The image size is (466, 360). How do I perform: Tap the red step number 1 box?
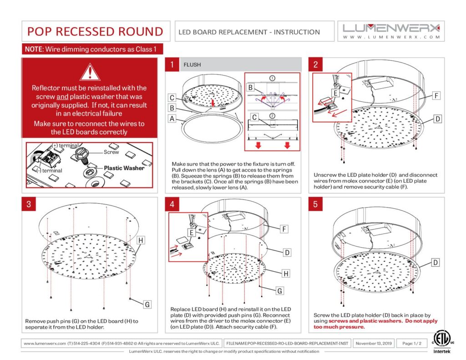click(172, 65)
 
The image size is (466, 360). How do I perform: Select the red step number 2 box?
click(315, 65)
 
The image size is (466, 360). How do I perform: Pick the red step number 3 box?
click(29, 204)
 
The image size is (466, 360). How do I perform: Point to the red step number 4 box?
click(172, 204)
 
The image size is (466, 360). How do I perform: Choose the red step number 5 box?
click(315, 204)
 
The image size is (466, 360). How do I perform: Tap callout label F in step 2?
click(436, 96)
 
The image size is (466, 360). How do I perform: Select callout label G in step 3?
click(147, 304)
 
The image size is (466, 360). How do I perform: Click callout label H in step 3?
click(141, 239)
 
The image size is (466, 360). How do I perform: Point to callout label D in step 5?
click(436, 263)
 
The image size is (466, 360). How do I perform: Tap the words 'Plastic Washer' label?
click(124, 168)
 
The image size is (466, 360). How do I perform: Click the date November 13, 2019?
click(373, 343)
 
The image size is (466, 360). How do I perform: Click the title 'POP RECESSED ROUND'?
click(95, 31)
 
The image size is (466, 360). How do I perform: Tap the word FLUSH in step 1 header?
click(192, 65)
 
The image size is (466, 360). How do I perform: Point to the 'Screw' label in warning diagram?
click(111, 152)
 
